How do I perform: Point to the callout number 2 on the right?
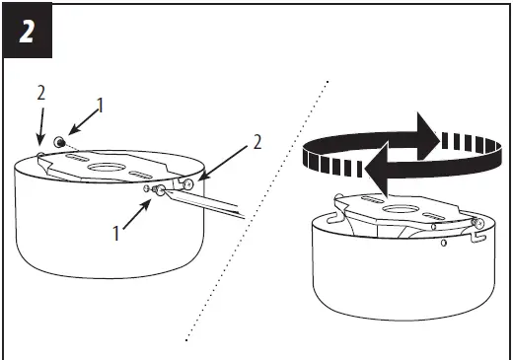(258, 141)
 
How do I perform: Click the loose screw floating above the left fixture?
(60, 142)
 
